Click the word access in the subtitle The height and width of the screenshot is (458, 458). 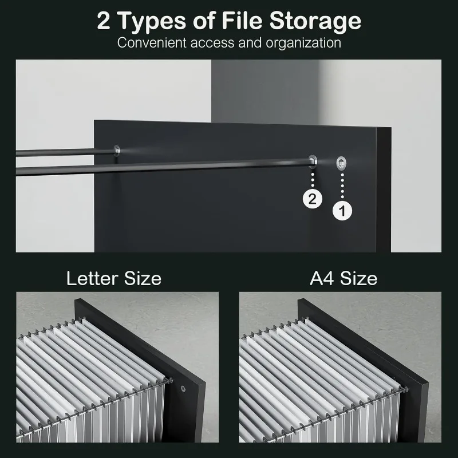pyautogui.click(x=222, y=43)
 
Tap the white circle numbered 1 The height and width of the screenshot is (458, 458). pyautogui.click(x=342, y=211)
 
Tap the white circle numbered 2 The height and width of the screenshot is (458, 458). pyautogui.click(x=312, y=199)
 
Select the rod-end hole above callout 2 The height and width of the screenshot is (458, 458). pyautogui.click(x=313, y=158)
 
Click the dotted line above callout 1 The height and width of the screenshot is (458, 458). pyautogui.click(x=342, y=184)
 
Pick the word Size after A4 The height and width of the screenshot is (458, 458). pyautogui.click(x=359, y=279)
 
